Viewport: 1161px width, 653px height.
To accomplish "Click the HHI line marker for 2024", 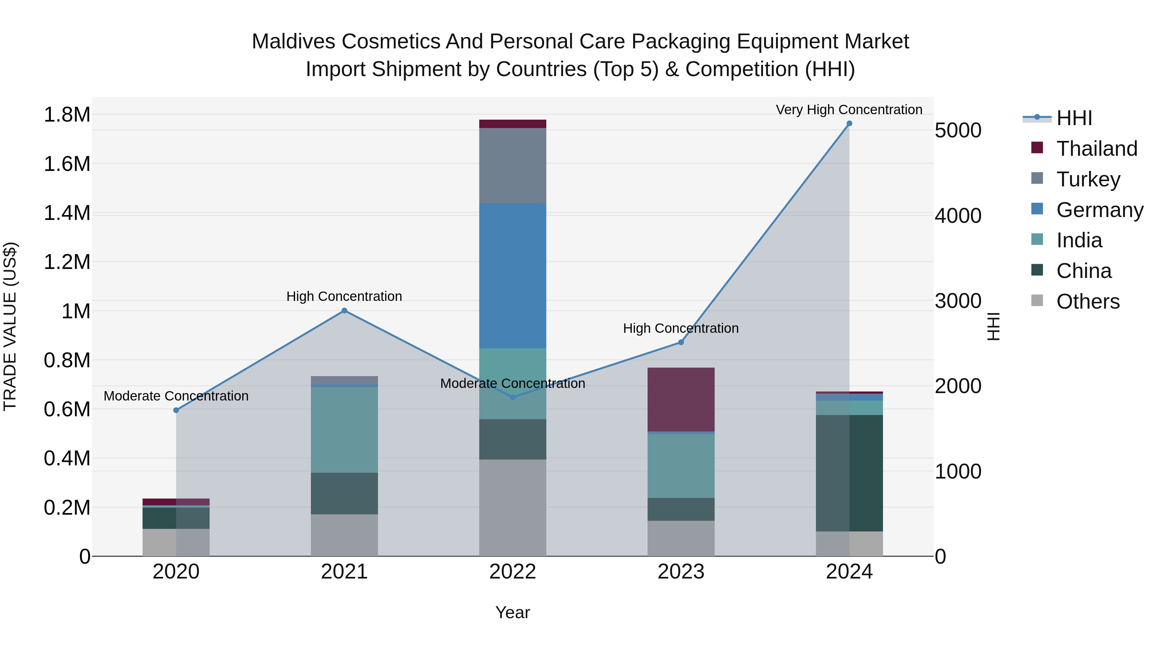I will pyautogui.click(x=849, y=124).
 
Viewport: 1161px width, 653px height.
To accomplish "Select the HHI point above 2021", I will pyautogui.click(x=344, y=311).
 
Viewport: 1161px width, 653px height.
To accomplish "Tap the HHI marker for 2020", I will pyautogui.click(x=176, y=410).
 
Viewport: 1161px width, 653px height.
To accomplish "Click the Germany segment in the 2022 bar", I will pyautogui.click(x=512, y=275).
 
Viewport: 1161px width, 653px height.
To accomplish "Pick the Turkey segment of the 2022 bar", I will pyautogui.click(x=512, y=165).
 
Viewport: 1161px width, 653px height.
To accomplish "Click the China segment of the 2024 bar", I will pyautogui.click(x=849, y=473).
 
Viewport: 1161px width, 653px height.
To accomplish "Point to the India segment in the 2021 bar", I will pyautogui.click(x=344, y=430).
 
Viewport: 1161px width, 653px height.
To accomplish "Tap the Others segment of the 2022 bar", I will pyautogui.click(x=512, y=508).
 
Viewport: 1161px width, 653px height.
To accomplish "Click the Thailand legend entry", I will pyautogui.click(x=1096, y=149).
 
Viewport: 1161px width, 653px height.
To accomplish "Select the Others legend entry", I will pyautogui.click(x=1087, y=302).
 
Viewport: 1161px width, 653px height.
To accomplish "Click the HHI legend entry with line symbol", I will pyautogui.click(x=1074, y=118).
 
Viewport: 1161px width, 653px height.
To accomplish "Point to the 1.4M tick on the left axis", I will pyautogui.click(x=67, y=213).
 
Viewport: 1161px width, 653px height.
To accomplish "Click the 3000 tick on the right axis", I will pyautogui.click(x=958, y=301).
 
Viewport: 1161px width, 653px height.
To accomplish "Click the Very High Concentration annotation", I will pyautogui.click(x=849, y=110).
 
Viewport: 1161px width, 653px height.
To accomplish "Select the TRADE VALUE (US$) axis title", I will pyautogui.click(x=10, y=326).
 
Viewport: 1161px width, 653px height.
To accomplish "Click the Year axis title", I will pyautogui.click(x=512, y=612).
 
